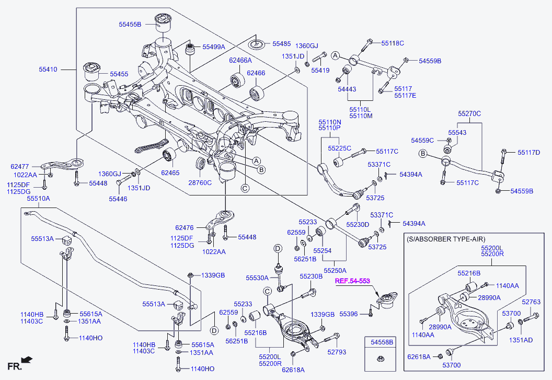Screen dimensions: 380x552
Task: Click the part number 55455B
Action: [130, 24]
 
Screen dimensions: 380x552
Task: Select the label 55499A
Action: [214, 47]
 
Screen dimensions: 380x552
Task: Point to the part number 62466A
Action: [240, 60]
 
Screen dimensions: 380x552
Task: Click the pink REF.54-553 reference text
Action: [352, 281]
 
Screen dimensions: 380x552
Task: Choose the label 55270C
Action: [469, 113]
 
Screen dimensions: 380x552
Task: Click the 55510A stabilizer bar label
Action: [38, 199]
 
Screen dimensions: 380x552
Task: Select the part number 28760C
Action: [200, 183]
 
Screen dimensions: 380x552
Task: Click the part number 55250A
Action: [335, 270]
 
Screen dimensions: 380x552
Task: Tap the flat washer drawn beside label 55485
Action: [258, 44]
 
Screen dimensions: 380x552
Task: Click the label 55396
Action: [349, 314]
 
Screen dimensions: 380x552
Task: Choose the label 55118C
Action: [393, 43]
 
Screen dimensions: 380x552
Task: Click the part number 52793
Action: [337, 352]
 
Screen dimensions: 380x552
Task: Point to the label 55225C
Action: [340, 148]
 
